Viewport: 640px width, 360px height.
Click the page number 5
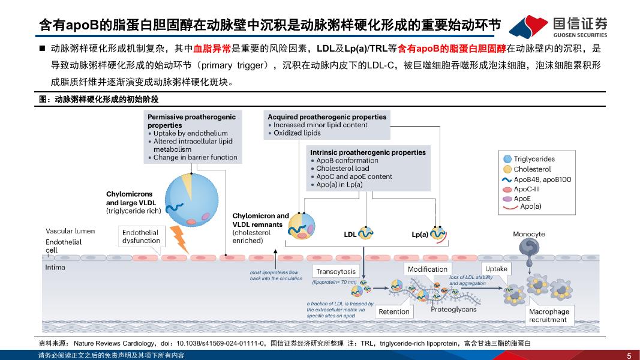click(x=628, y=355)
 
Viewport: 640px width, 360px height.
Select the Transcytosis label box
click(x=336, y=271)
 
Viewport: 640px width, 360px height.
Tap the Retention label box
click(x=394, y=311)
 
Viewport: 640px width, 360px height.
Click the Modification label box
click(x=428, y=269)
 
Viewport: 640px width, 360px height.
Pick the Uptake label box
click(x=496, y=269)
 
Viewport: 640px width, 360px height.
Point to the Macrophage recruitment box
click(x=548, y=316)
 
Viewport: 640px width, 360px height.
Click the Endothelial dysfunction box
click(x=141, y=236)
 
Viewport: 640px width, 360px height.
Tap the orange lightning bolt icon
click(x=179, y=238)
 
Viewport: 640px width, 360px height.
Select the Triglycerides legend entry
click(x=534, y=159)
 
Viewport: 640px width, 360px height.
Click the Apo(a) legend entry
click(x=530, y=206)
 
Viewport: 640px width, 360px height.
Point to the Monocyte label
click(x=528, y=234)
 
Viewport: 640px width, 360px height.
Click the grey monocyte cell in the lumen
click(x=530, y=247)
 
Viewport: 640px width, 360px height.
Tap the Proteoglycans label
click(x=453, y=310)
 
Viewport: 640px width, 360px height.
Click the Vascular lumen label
click(x=70, y=231)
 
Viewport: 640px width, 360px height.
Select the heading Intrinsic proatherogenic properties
click(x=368, y=152)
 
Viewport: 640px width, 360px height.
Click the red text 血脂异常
click(x=212, y=48)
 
